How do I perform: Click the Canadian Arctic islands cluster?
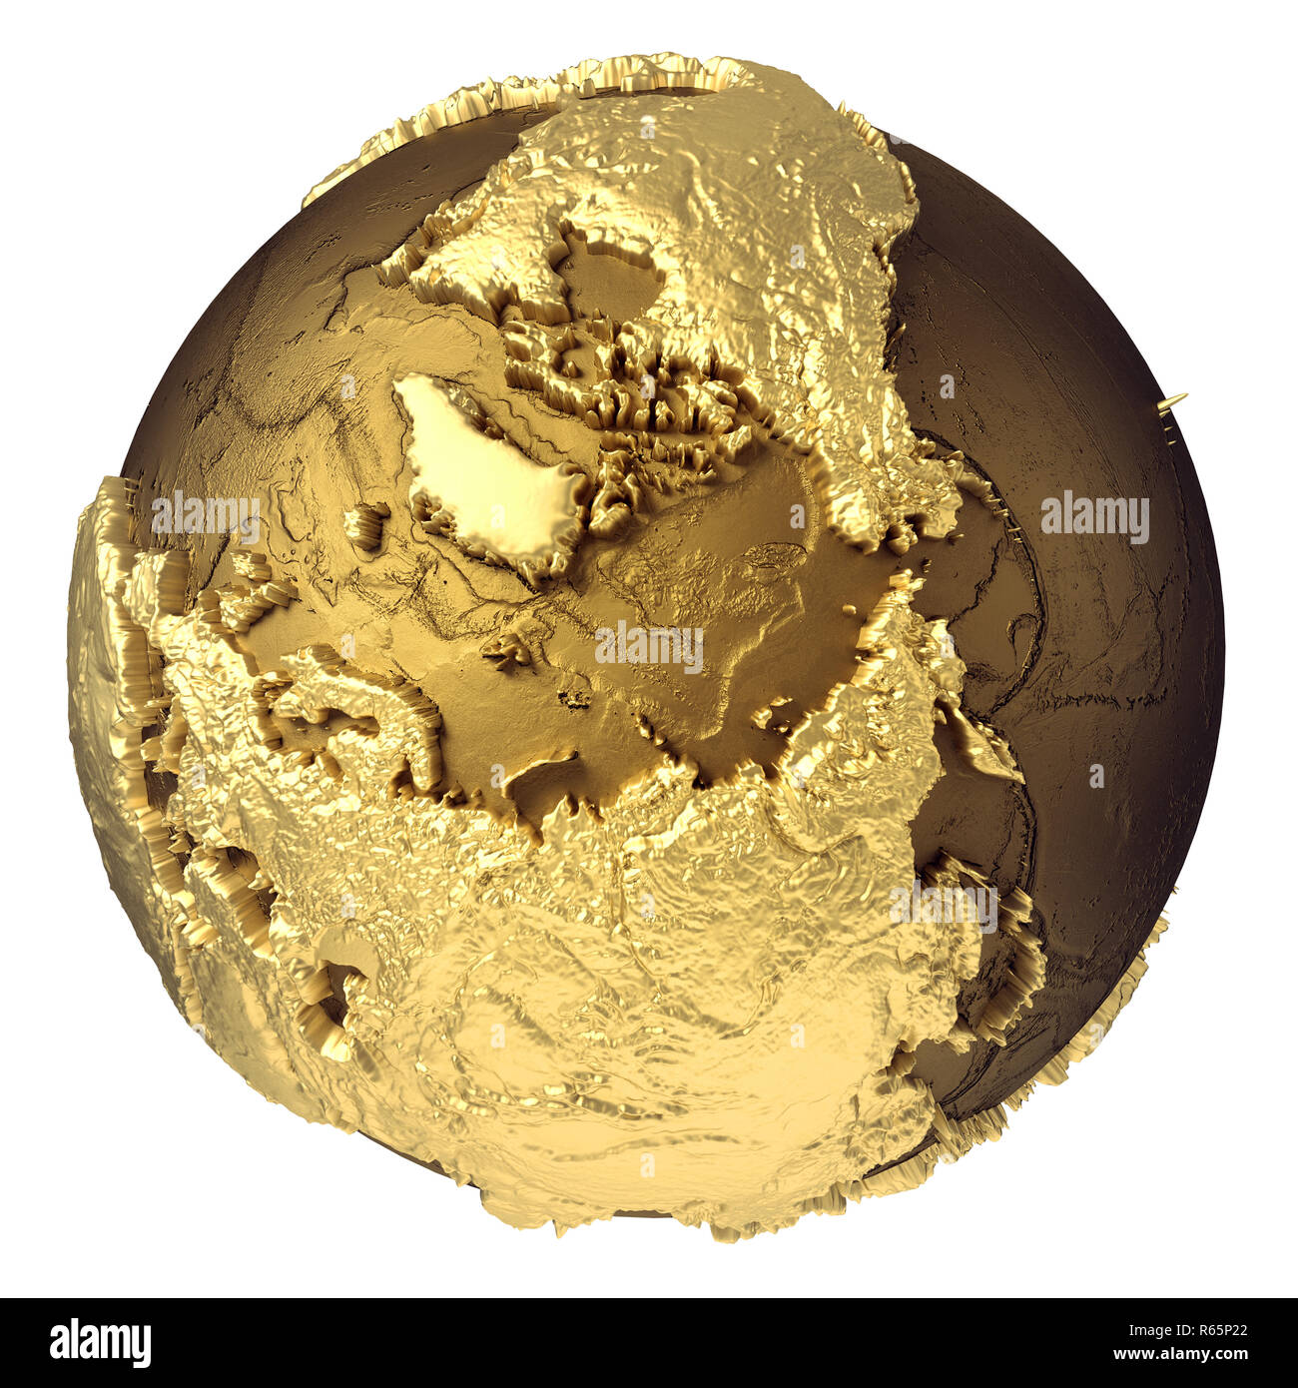[619, 389]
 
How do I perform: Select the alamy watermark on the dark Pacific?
[1094, 517]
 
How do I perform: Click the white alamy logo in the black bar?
[100, 1343]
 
